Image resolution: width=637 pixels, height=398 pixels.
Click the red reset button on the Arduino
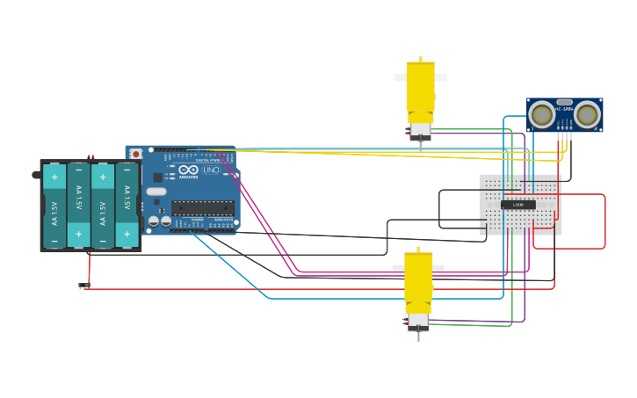[x=135, y=154]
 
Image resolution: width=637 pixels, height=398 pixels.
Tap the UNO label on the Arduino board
[x=211, y=170]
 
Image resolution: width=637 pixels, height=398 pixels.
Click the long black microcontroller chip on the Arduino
[x=203, y=208]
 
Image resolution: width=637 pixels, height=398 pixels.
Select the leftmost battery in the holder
[x=54, y=206]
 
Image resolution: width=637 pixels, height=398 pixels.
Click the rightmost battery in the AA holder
[x=127, y=206]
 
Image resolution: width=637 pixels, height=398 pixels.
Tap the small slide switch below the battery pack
[x=83, y=285]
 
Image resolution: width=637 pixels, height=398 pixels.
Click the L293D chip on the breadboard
[x=518, y=205]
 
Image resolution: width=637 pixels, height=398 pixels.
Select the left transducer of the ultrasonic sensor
[x=542, y=114]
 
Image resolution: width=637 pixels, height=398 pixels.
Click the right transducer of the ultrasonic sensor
[x=587, y=114]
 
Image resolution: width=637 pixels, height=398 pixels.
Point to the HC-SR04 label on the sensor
[x=564, y=109]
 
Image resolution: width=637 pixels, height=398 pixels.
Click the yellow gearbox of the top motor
[x=420, y=88]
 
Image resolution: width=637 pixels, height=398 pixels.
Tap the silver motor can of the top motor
[x=421, y=130]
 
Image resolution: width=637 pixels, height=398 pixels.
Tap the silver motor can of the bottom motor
[x=418, y=321]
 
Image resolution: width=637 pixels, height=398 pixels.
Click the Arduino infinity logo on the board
[x=188, y=170]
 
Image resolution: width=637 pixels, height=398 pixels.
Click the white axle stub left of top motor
[x=400, y=77]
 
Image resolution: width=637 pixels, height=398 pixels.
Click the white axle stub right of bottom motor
[x=438, y=268]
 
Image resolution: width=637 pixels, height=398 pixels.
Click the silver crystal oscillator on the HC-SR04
[x=564, y=102]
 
